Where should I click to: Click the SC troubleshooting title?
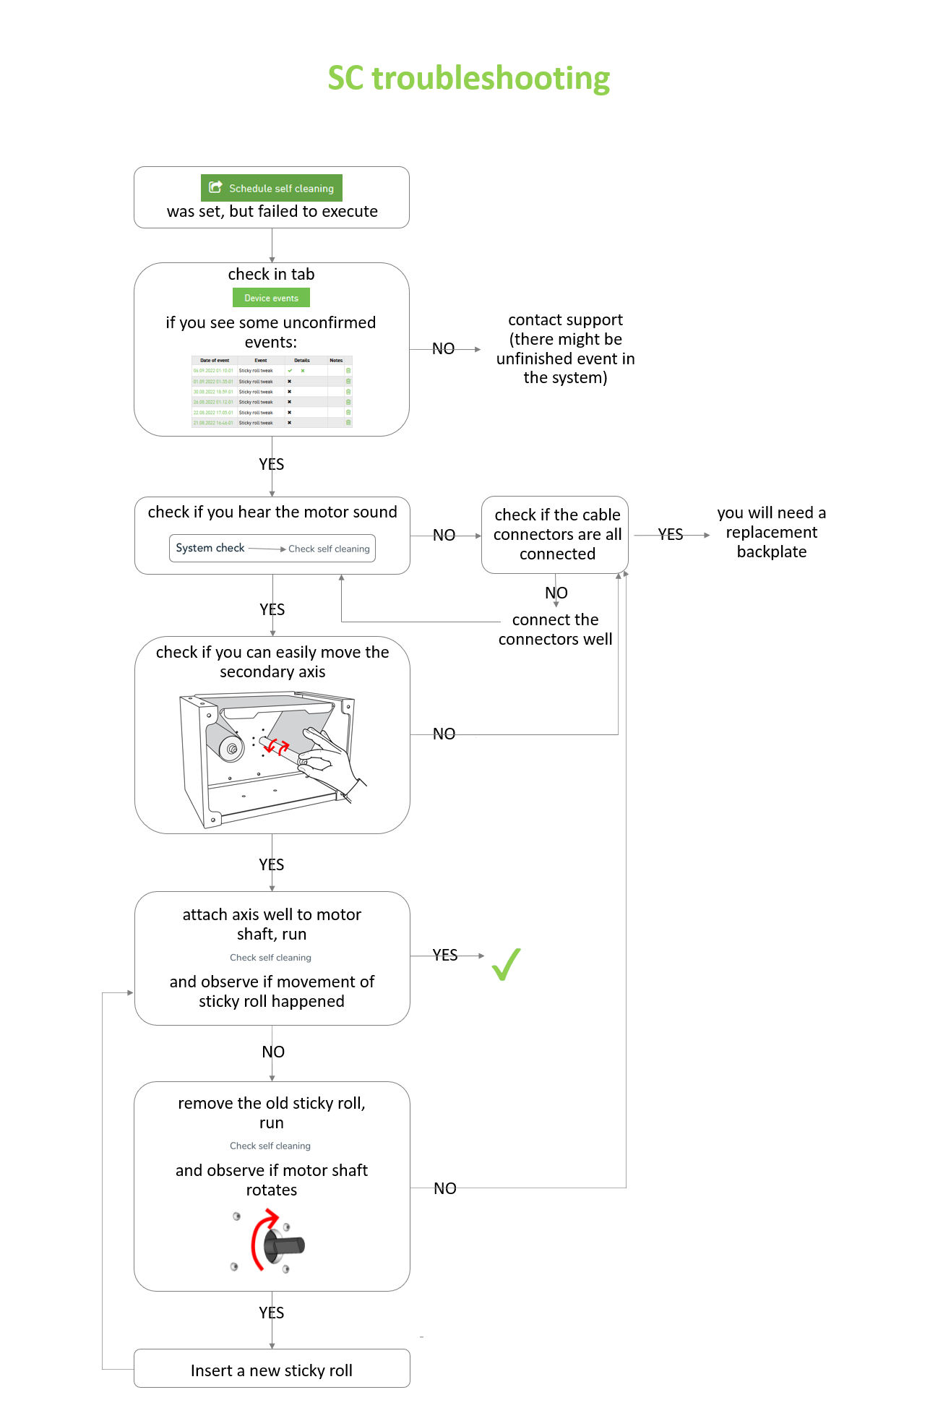tap(468, 78)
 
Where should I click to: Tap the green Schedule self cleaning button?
tap(272, 188)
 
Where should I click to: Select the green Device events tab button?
tap(271, 298)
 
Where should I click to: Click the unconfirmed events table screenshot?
tap(272, 391)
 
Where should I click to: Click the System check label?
tap(210, 548)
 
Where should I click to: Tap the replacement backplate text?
tap(771, 533)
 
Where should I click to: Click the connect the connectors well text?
tap(555, 630)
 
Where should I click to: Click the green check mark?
tap(506, 964)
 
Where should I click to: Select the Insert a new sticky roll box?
tap(272, 1370)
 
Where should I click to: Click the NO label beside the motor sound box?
tap(444, 536)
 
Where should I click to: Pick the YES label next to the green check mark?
tap(445, 956)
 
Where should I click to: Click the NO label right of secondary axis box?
tap(444, 734)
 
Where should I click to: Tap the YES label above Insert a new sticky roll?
tap(272, 1313)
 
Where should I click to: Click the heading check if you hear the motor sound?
tap(272, 512)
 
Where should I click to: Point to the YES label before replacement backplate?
tap(670, 535)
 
